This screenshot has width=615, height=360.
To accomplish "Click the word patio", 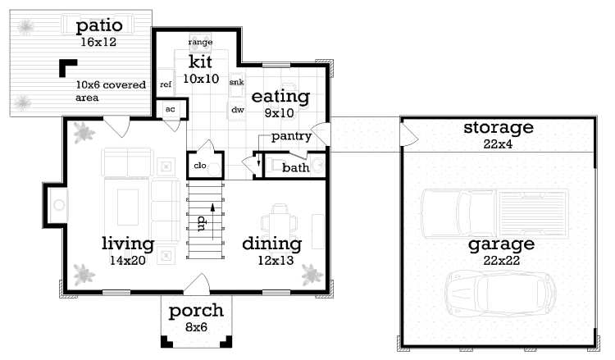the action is (x=99, y=26).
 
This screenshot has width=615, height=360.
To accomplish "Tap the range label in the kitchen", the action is (x=200, y=42).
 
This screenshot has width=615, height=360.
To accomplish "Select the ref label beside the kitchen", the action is (x=166, y=84).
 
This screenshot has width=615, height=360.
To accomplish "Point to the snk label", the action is (x=236, y=82).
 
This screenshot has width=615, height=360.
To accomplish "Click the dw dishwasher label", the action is (x=238, y=110).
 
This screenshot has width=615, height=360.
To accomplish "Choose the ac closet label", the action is (x=171, y=109).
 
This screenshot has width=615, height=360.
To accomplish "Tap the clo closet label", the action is (x=200, y=166).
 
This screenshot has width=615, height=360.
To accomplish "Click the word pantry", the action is (x=291, y=136).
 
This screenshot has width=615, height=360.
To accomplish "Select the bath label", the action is (x=296, y=167).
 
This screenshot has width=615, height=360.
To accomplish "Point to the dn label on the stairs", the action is (x=202, y=223).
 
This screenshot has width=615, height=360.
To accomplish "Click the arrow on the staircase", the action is (x=213, y=221).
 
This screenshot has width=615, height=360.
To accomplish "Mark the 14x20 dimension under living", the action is (x=127, y=261).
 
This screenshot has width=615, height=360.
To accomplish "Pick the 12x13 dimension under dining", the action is (x=276, y=261).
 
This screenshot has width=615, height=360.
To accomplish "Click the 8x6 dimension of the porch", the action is (x=196, y=327).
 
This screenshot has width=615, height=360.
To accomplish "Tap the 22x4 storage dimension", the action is (x=498, y=144).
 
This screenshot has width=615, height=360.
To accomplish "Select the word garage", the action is (x=501, y=244).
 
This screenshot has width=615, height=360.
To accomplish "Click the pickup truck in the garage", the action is (x=495, y=214).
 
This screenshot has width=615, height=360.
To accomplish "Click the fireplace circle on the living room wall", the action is (x=59, y=205).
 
